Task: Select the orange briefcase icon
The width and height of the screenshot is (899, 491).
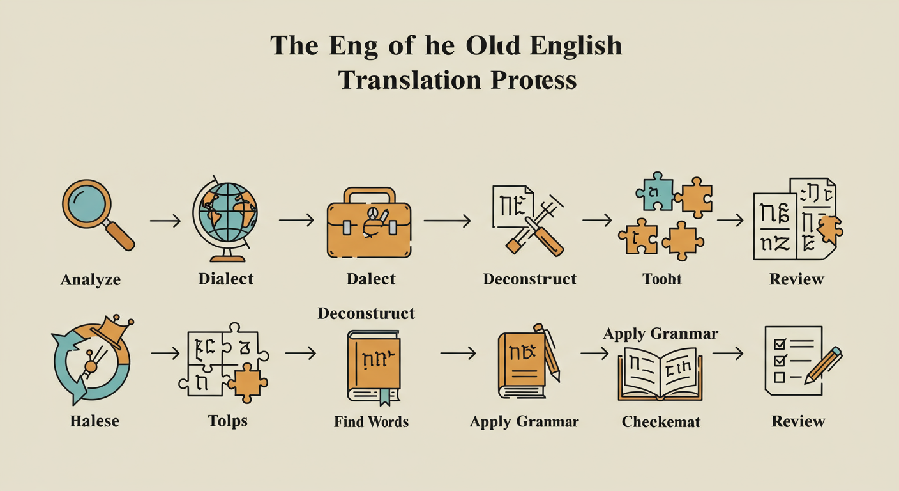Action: [x=368, y=226]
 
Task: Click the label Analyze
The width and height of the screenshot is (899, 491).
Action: [x=90, y=279]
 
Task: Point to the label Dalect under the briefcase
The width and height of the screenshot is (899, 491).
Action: [x=370, y=279]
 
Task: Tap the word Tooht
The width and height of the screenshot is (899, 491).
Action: [x=662, y=279]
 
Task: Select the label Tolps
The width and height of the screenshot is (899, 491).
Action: [x=228, y=421]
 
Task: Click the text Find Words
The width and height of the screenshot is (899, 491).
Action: [x=371, y=421]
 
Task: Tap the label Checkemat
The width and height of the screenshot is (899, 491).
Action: [x=661, y=421]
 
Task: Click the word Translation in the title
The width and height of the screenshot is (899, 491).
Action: [x=401, y=80]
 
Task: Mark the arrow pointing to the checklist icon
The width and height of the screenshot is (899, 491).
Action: [x=728, y=353]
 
